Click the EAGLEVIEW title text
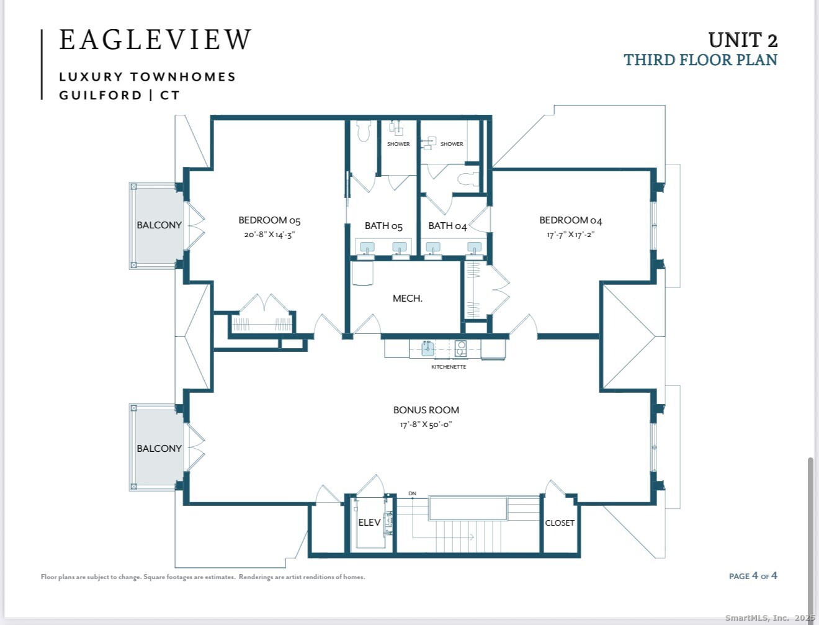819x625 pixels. pyautogui.click(x=155, y=40)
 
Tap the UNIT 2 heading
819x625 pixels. pyautogui.click(x=743, y=40)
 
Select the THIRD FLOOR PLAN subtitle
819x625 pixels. pyautogui.click(x=700, y=60)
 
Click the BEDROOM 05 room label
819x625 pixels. pyautogui.click(x=269, y=220)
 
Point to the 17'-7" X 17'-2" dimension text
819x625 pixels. pyautogui.click(x=570, y=235)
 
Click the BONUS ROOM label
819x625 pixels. pyautogui.click(x=426, y=410)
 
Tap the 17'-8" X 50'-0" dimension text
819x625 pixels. pyautogui.click(x=426, y=425)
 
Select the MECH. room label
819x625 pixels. pyautogui.click(x=408, y=299)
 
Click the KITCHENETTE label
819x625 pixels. pyautogui.click(x=449, y=367)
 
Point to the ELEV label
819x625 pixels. pyautogui.click(x=369, y=523)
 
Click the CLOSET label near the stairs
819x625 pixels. pyautogui.click(x=560, y=523)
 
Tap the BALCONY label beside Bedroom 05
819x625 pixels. pyautogui.click(x=159, y=225)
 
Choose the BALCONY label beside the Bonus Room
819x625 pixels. pyautogui.click(x=159, y=449)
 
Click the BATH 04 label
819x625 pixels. pyautogui.click(x=448, y=226)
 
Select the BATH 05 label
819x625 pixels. pyautogui.click(x=383, y=226)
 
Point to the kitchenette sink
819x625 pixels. pyautogui.click(x=428, y=349)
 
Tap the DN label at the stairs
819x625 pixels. pyautogui.click(x=413, y=493)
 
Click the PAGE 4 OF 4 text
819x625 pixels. pyautogui.click(x=753, y=576)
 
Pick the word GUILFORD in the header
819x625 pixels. pyautogui.click(x=101, y=96)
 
